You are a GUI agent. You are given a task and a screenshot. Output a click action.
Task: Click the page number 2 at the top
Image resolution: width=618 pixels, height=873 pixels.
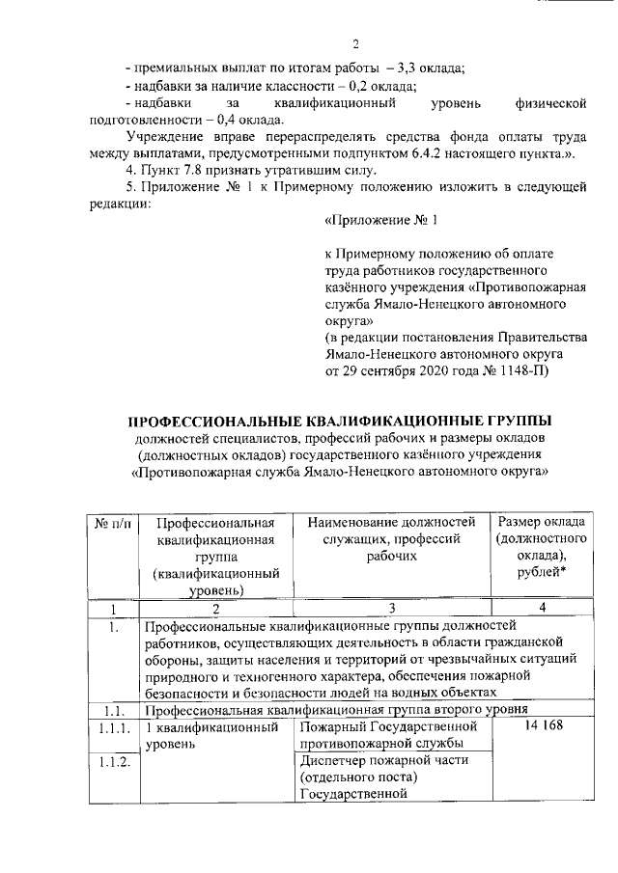[x=355, y=44]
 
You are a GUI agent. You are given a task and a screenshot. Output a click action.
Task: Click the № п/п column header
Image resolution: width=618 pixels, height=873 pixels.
[x=115, y=522]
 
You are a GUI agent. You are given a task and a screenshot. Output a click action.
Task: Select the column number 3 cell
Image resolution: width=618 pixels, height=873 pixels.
[x=391, y=609]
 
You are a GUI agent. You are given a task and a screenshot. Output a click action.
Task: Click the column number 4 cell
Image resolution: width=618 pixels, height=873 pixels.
[x=544, y=609]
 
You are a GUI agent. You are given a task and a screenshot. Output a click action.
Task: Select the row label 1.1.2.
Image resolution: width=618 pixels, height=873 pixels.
[x=115, y=762]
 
